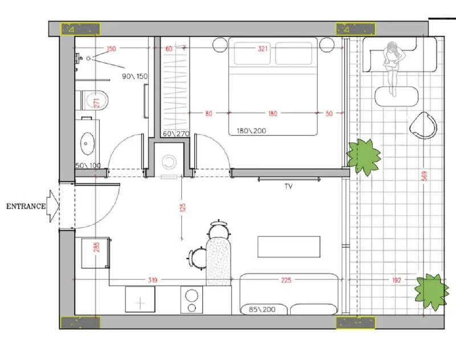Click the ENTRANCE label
(x=26, y=206)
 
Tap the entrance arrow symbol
(x=54, y=206)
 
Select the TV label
(x=288, y=186)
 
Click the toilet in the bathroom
(x=94, y=100)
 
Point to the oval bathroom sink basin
(x=87, y=144)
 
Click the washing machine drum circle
(x=169, y=162)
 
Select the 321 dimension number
(x=262, y=48)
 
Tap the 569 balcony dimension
(x=424, y=176)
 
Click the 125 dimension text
(x=182, y=207)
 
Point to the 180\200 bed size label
(x=251, y=131)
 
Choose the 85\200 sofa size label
(x=262, y=309)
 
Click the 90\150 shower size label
(x=135, y=76)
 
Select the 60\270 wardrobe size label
(x=176, y=134)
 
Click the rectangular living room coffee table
(x=289, y=247)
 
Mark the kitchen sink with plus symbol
(x=140, y=299)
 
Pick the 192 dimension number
(x=396, y=280)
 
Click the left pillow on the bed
(x=252, y=53)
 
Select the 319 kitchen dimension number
(x=152, y=280)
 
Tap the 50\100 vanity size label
(x=88, y=166)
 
